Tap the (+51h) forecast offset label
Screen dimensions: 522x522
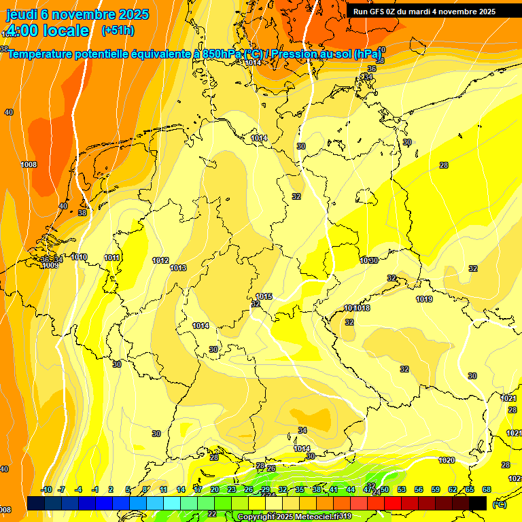(117, 31)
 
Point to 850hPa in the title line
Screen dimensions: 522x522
(222, 54)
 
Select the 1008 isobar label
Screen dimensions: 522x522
(29, 165)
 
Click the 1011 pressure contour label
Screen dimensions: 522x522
(112, 258)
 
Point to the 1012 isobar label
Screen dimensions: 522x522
(160, 261)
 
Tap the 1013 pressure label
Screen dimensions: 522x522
(178, 268)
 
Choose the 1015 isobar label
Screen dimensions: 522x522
(264, 297)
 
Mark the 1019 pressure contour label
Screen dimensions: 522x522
(424, 300)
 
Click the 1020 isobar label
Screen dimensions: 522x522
(446, 461)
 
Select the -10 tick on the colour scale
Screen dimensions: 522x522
(46, 490)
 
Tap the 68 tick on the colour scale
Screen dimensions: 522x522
(487, 490)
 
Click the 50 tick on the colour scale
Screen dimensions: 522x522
(385, 490)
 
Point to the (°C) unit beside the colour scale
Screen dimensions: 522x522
(499, 504)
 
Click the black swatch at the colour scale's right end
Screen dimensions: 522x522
(478, 503)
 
